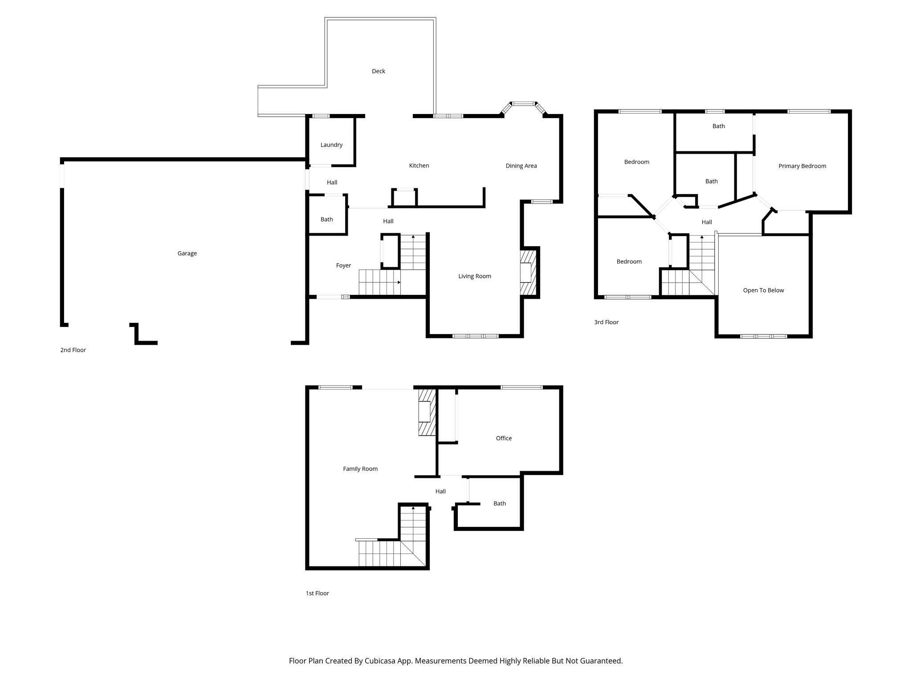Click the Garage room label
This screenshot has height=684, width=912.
187,253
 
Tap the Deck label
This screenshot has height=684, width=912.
379,71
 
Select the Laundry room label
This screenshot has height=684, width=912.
331,145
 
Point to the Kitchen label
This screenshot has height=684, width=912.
419,166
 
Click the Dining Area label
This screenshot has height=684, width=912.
521,166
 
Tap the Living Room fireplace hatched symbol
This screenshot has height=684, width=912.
529,273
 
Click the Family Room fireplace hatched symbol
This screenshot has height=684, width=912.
426,412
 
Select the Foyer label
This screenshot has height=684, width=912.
343,265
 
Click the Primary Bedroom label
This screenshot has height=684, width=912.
802,166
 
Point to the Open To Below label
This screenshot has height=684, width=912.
763,290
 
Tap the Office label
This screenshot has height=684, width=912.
504,438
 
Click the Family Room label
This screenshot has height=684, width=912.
360,469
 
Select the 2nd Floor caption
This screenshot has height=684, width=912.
73,350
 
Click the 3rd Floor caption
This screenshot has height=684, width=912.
606,322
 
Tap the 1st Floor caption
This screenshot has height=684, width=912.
317,593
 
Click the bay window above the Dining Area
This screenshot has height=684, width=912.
523,104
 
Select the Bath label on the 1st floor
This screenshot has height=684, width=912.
500,504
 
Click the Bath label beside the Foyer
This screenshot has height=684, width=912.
326,220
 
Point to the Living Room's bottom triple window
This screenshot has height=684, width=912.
475,336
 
